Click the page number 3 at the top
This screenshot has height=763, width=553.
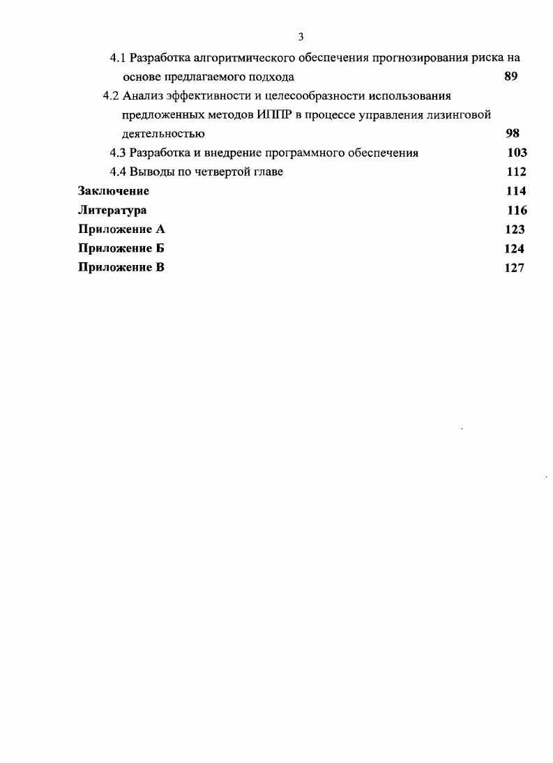(x=301, y=37)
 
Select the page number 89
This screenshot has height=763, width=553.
(x=510, y=77)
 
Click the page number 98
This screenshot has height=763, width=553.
(x=513, y=134)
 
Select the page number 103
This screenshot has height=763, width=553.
(x=517, y=153)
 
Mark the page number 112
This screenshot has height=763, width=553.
(x=516, y=172)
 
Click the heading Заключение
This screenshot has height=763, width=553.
(x=114, y=191)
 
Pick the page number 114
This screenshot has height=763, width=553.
(x=516, y=191)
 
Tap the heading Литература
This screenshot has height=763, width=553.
(x=112, y=210)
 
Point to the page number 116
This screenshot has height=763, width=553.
(x=517, y=210)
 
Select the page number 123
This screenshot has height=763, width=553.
(x=515, y=229)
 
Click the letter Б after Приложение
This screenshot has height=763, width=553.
(x=160, y=248)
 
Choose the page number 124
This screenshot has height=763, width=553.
(x=514, y=248)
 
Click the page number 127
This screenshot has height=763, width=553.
(x=514, y=267)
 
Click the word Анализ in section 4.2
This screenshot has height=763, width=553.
(x=144, y=96)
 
